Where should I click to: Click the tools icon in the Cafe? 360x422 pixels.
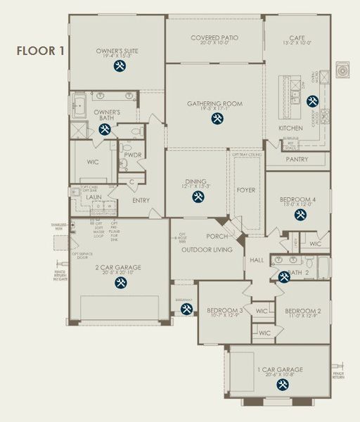click(311, 100)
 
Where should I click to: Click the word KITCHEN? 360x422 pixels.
click(290, 129)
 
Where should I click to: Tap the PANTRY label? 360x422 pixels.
click(297, 160)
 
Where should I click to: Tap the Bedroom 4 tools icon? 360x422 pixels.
click(300, 215)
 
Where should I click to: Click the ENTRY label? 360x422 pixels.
click(141, 200)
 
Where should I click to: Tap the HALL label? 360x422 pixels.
click(255, 260)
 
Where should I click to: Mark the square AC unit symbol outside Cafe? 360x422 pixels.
click(345, 70)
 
